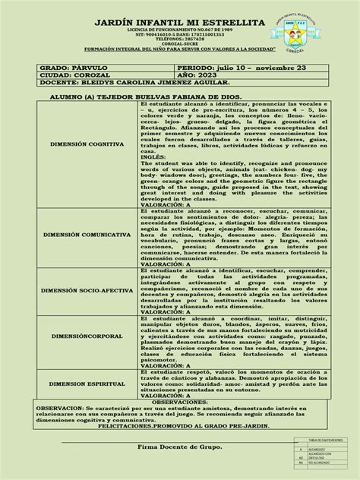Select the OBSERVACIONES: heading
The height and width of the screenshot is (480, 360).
click(x=180, y=423)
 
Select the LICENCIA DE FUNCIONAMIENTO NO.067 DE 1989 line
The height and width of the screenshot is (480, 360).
click(x=152, y=47)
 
